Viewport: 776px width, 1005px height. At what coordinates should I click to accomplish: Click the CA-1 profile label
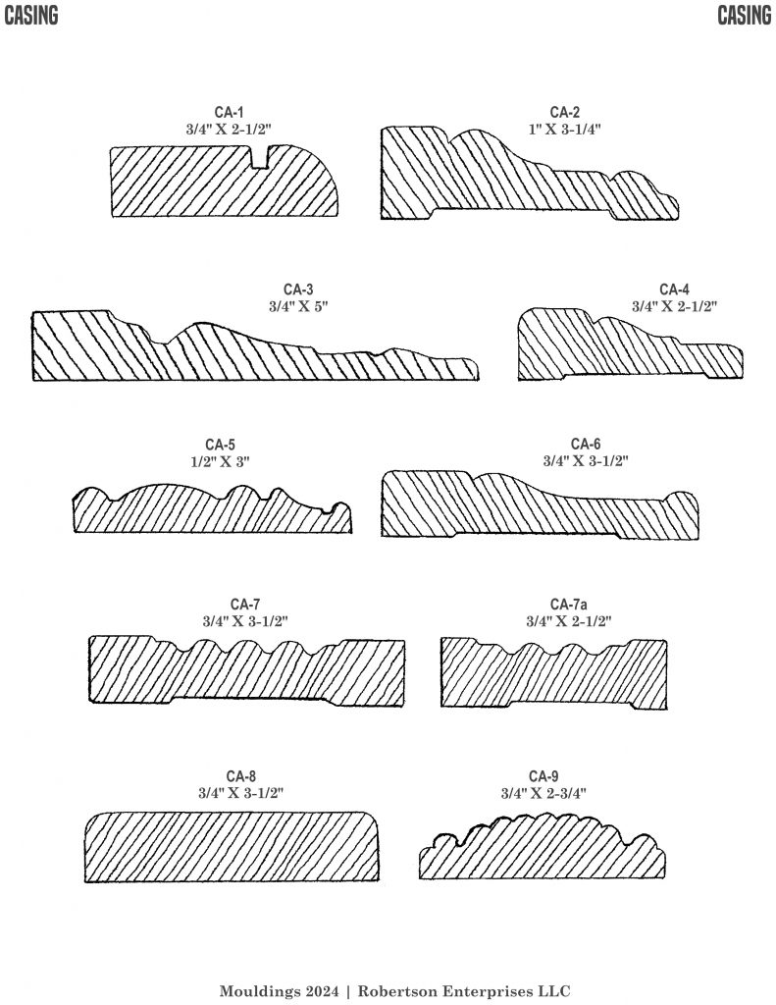(x=230, y=113)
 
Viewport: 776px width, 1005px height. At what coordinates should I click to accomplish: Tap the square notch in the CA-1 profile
(x=260, y=156)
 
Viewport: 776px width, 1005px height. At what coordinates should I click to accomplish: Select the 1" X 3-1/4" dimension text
(x=564, y=129)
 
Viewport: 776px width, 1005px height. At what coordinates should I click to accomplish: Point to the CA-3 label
(x=298, y=290)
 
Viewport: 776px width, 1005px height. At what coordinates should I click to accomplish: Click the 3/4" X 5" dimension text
(x=298, y=306)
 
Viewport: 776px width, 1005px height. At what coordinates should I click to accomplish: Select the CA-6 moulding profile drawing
(x=540, y=505)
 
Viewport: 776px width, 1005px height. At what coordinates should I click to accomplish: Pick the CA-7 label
(x=245, y=604)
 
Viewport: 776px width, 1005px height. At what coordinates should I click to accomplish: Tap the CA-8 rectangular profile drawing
(x=232, y=846)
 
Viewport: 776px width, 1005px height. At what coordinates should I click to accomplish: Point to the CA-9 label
(x=543, y=776)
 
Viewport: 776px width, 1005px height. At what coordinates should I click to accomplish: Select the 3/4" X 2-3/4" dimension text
(x=543, y=793)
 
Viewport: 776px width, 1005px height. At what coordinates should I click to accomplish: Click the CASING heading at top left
(x=30, y=16)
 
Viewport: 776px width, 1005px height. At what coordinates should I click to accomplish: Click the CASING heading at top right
(x=744, y=16)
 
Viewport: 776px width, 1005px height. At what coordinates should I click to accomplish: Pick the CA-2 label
(x=564, y=112)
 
